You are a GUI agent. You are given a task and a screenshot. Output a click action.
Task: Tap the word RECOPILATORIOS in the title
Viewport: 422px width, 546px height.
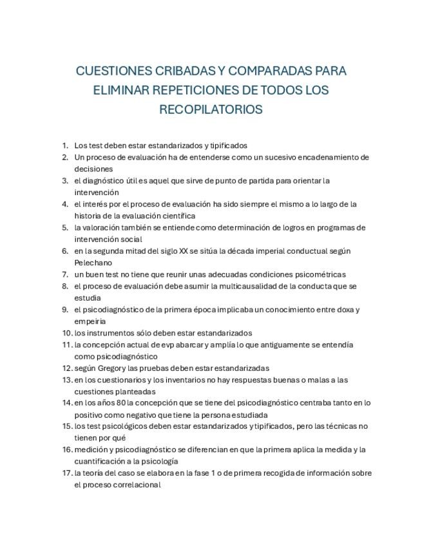[211, 109]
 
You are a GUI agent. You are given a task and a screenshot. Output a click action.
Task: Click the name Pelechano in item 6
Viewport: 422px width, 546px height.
[93, 263]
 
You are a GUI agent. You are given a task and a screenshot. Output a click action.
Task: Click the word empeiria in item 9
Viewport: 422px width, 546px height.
[90, 321]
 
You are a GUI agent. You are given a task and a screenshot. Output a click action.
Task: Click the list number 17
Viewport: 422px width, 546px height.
[66, 473]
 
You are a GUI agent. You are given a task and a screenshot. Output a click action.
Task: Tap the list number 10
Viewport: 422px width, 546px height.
[66, 333]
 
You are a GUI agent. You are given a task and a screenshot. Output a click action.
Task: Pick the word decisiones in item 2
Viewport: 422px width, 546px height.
[93, 169]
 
